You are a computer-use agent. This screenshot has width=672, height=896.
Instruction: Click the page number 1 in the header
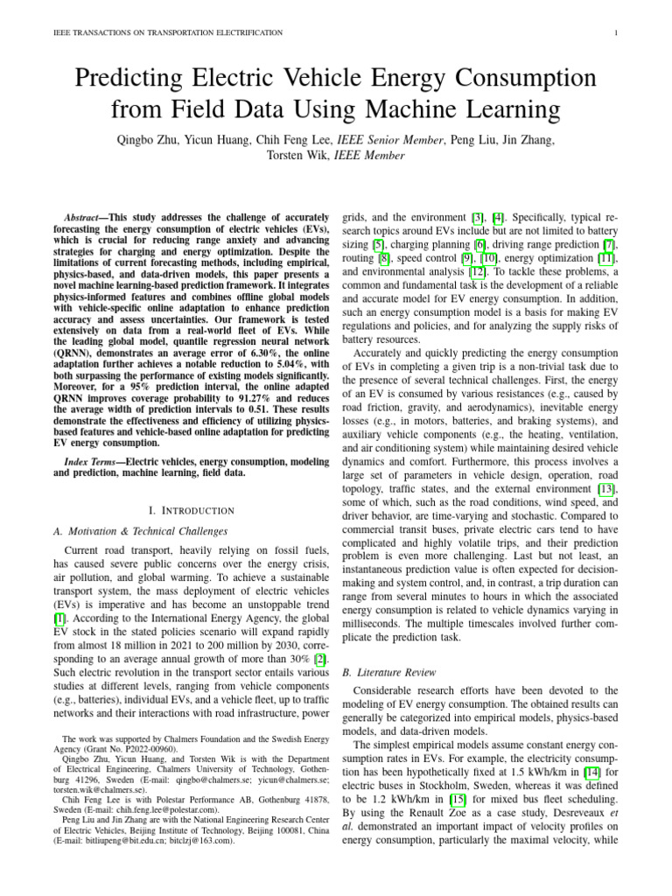(617, 33)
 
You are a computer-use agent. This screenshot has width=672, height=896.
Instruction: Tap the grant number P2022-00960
(147, 750)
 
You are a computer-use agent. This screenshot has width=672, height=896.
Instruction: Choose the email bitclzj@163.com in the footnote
(203, 841)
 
